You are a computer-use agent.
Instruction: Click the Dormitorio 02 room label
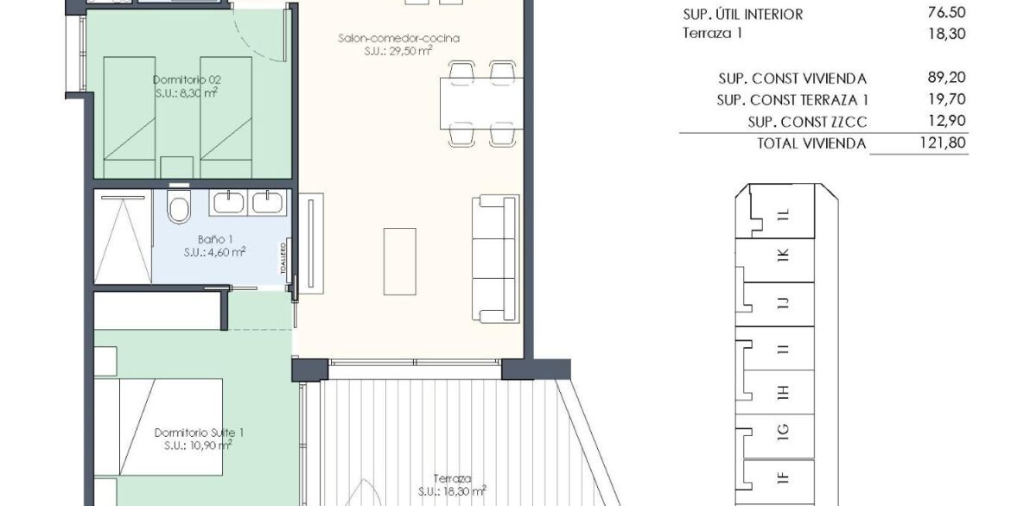(x=187, y=80)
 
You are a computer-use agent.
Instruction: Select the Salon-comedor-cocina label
(x=398, y=38)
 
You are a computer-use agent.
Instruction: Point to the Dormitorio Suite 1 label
(x=200, y=433)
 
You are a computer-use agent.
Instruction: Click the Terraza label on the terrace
(x=452, y=478)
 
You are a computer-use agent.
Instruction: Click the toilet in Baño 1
(x=179, y=205)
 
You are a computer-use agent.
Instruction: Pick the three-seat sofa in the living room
(x=495, y=258)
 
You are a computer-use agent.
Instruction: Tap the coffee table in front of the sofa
(x=400, y=261)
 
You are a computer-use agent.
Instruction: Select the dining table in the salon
(x=481, y=103)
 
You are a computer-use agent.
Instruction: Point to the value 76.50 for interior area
(x=946, y=14)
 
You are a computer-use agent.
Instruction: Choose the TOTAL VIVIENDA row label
(x=811, y=143)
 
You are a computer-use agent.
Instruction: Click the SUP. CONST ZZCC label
(x=807, y=122)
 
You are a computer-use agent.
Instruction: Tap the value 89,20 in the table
(x=946, y=78)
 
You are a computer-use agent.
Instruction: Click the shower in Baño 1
(x=124, y=236)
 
